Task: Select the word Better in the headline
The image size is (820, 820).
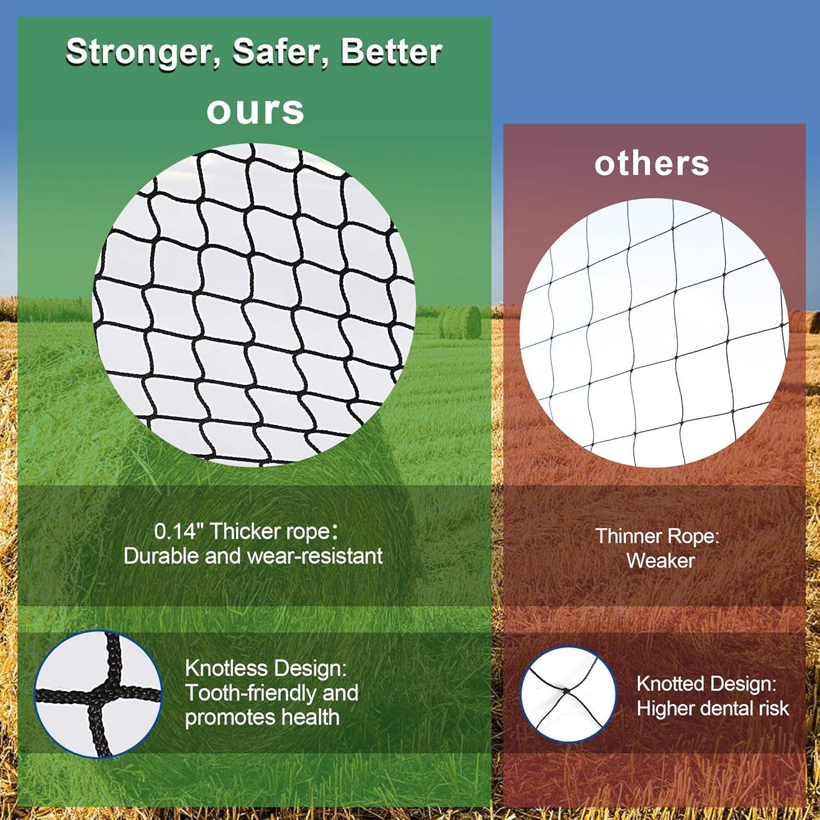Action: point(391,52)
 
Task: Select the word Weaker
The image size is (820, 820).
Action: point(660,560)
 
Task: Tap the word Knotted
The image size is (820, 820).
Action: point(671,684)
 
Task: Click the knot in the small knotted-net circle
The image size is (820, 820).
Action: point(565,692)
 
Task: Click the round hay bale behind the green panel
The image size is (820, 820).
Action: point(460,322)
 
